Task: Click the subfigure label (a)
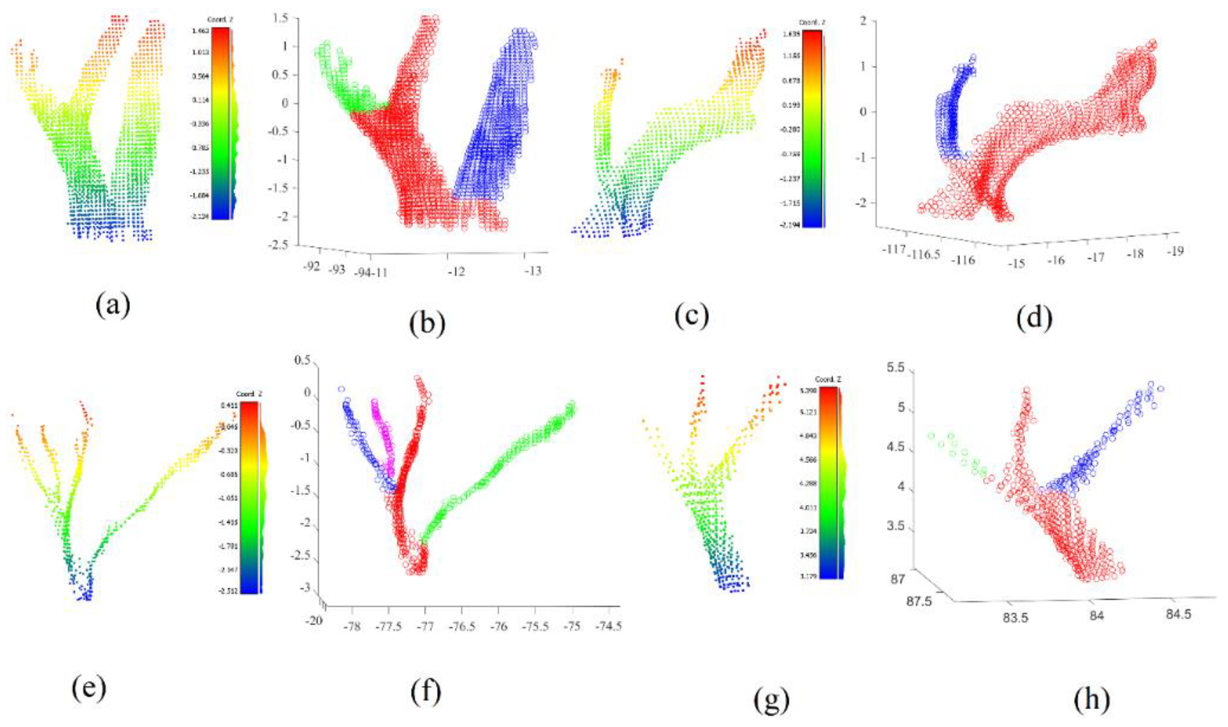tap(113, 307)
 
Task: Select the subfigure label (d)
tap(1034, 320)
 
